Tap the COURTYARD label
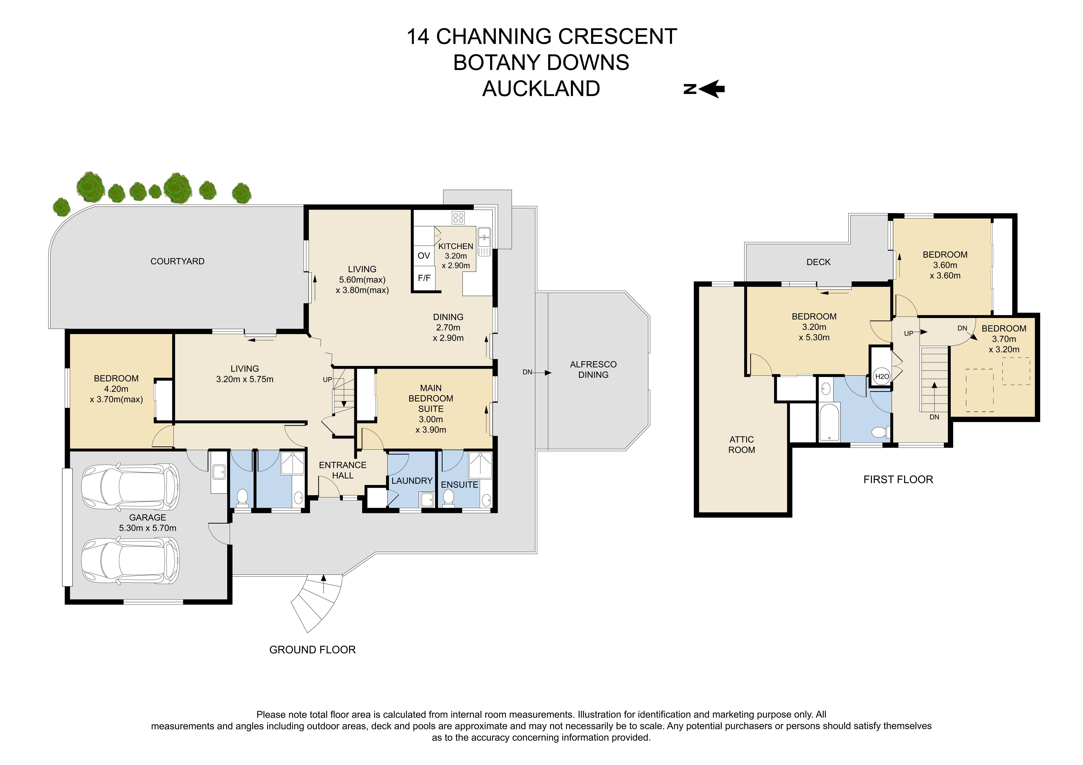pos(177,261)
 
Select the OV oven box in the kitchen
pos(424,255)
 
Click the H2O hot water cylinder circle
pos(882,376)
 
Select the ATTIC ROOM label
pos(741,444)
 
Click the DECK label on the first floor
pos(818,262)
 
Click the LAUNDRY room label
pos(412,481)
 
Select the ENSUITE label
pos(459,485)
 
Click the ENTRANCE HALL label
pos(342,470)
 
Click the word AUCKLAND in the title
pos(541,89)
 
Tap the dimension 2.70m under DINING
pos(448,327)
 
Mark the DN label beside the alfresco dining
pos(527,372)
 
